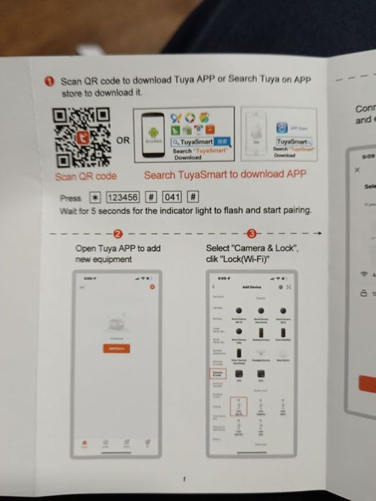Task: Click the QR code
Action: click(x=81, y=138)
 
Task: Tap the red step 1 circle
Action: click(x=51, y=82)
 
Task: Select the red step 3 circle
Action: click(x=250, y=233)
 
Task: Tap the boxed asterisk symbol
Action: click(x=95, y=198)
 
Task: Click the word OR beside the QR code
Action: click(x=123, y=140)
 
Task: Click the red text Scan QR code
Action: click(x=87, y=176)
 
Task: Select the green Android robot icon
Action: click(x=151, y=132)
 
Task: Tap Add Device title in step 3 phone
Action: click(x=251, y=286)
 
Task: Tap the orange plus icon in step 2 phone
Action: click(x=151, y=287)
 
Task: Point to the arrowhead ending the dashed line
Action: click(x=321, y=233)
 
